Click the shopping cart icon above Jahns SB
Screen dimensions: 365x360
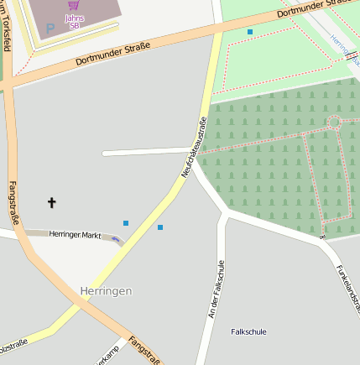pyautogui.click(x=73, y=5)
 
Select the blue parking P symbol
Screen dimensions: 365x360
pyautogui.click(x=50, y=29)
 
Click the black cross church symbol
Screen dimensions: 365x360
pyautogui.click(x=52, y=202)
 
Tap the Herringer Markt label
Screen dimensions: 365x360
pyautogui.click(x=75, y=234)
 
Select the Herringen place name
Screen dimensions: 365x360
pyautogui.click(x=106, y=290)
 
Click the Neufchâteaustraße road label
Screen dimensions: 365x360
pyautogui.click(x=195, y=148)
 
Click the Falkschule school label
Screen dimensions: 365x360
pyautogui.click(x=248, y=331)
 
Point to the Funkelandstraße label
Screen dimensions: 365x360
pyautogui.click(x=347, y=284)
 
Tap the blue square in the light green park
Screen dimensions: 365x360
pyautogui.click(x=249, y=32)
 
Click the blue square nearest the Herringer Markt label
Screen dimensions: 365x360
pyautogui.click(x=126, y=223)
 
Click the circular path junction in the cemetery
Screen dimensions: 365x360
pyautogui.click(x=334, y=123)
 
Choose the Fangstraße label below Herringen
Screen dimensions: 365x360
pyautogui.click(x=144, y=350)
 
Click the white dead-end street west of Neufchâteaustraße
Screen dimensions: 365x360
pyautogui.click(x=143, y=153)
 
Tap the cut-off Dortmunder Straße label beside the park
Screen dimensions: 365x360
pyautogui.click(x=310, y=8)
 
